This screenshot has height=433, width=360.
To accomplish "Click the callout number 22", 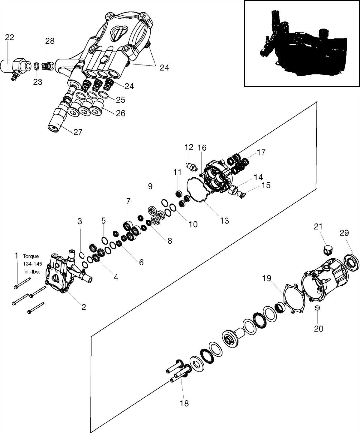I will coord(10,38).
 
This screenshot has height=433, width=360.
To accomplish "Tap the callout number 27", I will coord(78,132).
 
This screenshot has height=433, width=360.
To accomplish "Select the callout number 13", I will coord(224,221).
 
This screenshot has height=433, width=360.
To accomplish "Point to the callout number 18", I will coord(184,403).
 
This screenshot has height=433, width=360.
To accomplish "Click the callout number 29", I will coord(344,233).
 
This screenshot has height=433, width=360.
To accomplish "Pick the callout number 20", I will coord(319,329).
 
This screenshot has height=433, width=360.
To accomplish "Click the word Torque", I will coord(31,256).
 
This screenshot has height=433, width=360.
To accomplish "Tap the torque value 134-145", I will coord(31,264).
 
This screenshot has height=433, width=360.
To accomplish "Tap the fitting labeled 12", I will coord(191,166).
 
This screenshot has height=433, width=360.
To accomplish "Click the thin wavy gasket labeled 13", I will coord(197,192).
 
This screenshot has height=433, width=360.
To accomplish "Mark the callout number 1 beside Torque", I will coord(17,256).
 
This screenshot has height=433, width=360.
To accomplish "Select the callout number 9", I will coord(150,186).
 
